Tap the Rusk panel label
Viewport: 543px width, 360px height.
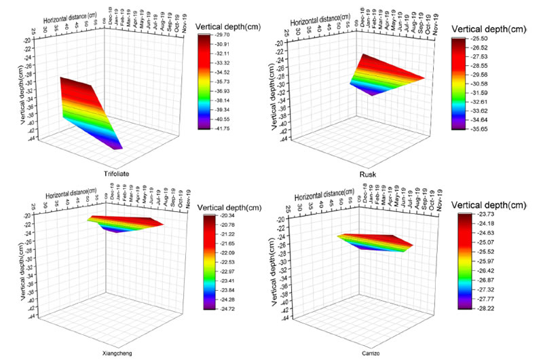click(368, 174)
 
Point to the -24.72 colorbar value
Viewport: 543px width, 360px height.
click(227, 308)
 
